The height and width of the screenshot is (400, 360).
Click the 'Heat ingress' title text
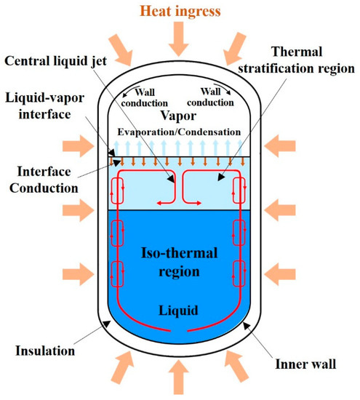click(179, 10)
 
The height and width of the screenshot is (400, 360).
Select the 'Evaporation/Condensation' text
click(179, 132)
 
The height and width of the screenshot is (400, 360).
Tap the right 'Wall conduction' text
click(213, 98)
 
